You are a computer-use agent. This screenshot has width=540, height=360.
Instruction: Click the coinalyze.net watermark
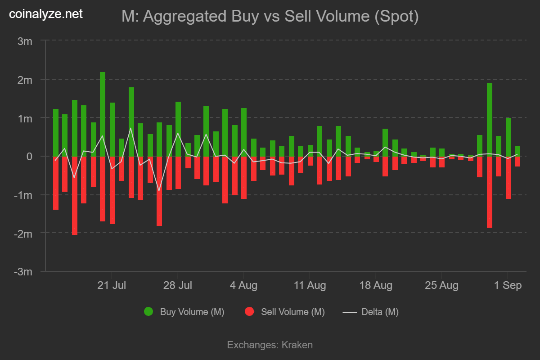pyautogui.click(x=46, y=14)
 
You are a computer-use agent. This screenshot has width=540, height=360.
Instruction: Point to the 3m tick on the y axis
pyautogui.click(x=25, y=41)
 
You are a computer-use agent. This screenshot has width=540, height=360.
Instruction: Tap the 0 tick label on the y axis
pyautogui.click(x=29, y=157)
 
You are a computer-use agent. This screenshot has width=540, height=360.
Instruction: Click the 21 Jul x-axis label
pyautogui.click(x=112, y=285)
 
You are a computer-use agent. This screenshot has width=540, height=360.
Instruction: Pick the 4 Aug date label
pyautogui.click(x=243, y=285)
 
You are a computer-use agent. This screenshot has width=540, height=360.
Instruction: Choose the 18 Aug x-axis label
pyautogui.click(x=376, y=285)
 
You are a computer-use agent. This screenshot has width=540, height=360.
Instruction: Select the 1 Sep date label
pyautogui.click(x=508, y=285)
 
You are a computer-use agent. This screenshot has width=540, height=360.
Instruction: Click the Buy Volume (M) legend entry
pyautogui.click(x=192, y=312)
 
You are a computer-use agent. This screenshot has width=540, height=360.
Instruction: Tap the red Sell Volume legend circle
pyautogui.click(x=249, y=311)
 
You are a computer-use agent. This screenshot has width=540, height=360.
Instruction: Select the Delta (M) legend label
pyautogui.click(x=380, y=312)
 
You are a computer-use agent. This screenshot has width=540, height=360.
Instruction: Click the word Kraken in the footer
pyautogui.click(x=297, y=345)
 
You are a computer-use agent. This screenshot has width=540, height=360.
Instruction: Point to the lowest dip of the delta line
pyautogui.click(x=159, y=191)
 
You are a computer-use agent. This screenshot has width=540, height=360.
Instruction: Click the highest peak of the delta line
pyautogui.click(x=130, y=128)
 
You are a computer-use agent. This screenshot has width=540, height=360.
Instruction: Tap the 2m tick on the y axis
pyautogui.click(x=25, y=80)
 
